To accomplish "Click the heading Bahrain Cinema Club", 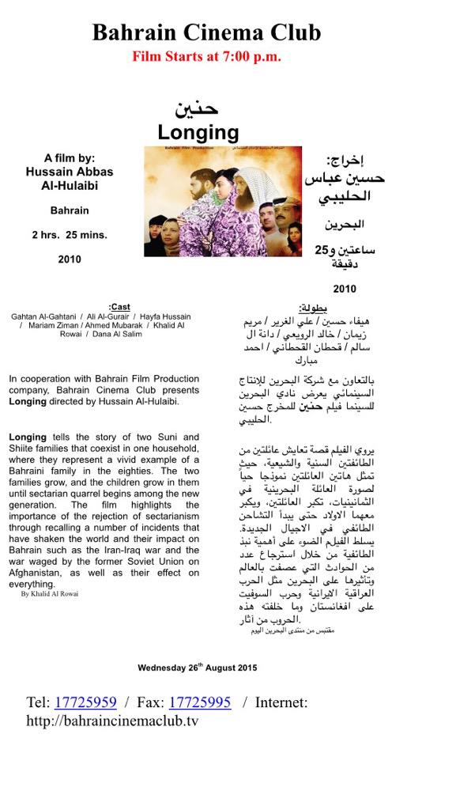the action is pos(206,32).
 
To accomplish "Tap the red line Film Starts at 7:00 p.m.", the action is pos(206,56).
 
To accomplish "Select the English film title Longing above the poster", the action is pos(198,132).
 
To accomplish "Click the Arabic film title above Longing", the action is pos(197,109).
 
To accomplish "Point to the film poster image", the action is pos(222,201).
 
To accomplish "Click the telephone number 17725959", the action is pos(85,702).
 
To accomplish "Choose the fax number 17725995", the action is pos(200,702).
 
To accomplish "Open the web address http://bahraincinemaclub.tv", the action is pos(112,721).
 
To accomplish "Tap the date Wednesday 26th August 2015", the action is pos(198,668).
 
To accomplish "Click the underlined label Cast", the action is pos(120,307).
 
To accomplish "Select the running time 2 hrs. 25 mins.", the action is pos(70,235).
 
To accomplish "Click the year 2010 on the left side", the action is pos(70,259).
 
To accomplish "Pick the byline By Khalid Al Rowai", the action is pos(50,593).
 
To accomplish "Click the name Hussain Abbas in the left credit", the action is pos(70,172).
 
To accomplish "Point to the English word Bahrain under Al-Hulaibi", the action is pos(70,211).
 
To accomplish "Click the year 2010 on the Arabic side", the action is pos(345,289).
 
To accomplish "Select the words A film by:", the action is pos(70,157).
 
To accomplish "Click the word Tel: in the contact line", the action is pos(38,702).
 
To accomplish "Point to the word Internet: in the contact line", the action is pos(281,702).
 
